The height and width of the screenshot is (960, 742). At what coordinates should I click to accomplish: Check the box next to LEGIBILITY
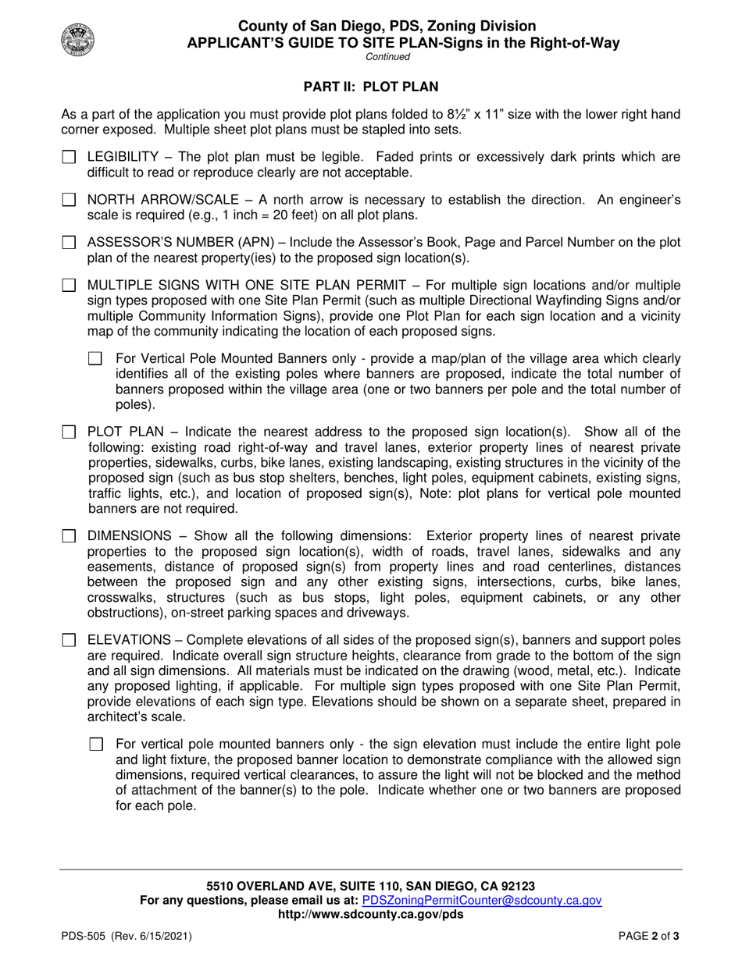(x=69, y=158)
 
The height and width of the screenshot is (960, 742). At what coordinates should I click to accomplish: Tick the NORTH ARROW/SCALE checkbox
(x=69, y=201)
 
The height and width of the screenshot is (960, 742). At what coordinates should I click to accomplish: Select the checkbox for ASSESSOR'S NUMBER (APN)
(x=69, y=244)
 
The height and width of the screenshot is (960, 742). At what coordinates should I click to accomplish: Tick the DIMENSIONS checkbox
(x=69, y=537)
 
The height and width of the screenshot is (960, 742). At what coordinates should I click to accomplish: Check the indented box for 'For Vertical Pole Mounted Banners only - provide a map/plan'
(x=96, y=359)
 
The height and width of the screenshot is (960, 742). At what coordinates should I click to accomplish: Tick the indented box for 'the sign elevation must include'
(x=96, y=745)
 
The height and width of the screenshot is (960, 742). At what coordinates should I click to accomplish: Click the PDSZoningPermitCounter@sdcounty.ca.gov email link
(x=482, y=900)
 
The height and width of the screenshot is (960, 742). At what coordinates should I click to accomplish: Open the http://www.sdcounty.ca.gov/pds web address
(x=370, y=914)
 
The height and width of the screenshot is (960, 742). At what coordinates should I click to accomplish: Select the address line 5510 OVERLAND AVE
(x=370, y=886)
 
